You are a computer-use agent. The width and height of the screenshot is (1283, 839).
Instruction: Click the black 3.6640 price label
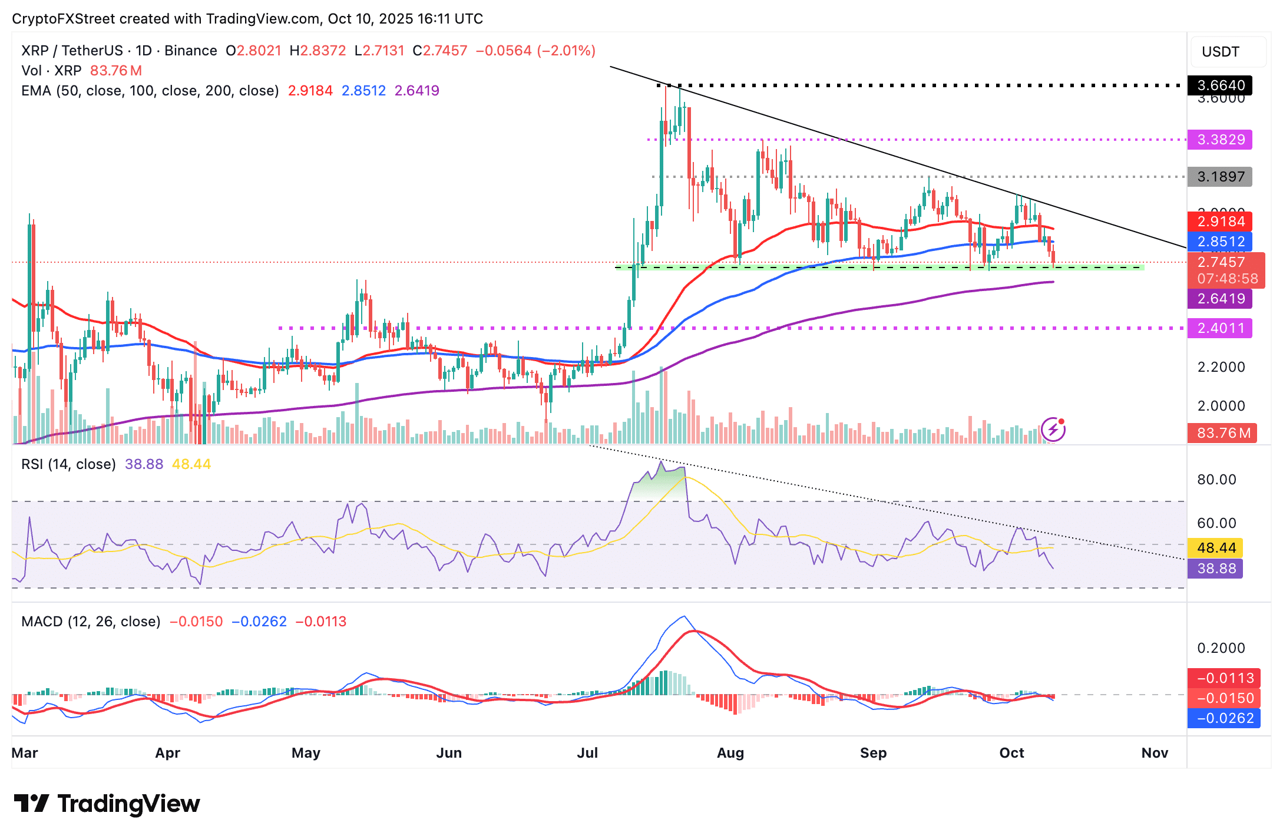pyautogui.click(x=1219, y=85)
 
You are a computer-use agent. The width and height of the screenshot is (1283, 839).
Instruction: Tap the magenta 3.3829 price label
pyautogui.click(x=1219, y=140)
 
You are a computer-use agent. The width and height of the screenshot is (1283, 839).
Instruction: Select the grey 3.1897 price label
pyautogui.click(x=1219, y=176)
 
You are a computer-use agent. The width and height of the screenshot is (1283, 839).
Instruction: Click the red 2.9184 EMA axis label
pyautogui.click(x=1219, y=222)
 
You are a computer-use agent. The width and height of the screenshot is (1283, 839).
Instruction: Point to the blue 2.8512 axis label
pyautogui.click(x=1219, y=242)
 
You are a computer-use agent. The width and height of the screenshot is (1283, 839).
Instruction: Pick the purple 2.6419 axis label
pyautogui.click(x=1219, y=299)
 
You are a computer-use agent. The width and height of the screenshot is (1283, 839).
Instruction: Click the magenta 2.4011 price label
pyautogui.click(x=1219, y=328)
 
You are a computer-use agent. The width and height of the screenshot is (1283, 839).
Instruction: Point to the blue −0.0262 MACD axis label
pyautogui.click(x=1224, y=718)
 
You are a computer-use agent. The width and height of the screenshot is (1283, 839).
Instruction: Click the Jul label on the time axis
pyautogui.click(x=587, y=752)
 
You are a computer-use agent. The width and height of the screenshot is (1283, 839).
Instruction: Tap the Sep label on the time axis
pyautogui.click(x=873, y=752)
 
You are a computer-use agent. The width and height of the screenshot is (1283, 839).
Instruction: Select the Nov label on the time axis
pyautogui.click(x=1155, y=752)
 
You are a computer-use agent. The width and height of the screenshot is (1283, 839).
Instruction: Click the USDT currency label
pyautogui.click(x=1221, y=52)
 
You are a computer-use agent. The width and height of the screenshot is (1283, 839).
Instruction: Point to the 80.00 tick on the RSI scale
pyautogui.click(x=1216, y=480)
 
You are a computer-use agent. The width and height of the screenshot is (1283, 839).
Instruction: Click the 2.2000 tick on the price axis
pyautogui.click(x=1221, y=367)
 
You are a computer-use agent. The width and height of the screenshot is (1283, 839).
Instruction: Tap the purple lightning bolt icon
pyautogui.click(x=1053, y=430)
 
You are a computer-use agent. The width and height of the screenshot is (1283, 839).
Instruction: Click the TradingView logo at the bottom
pyautogui.click(x=107, y=804)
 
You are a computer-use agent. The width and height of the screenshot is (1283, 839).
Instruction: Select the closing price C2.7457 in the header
pyautogui.click(x=440, y=51)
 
